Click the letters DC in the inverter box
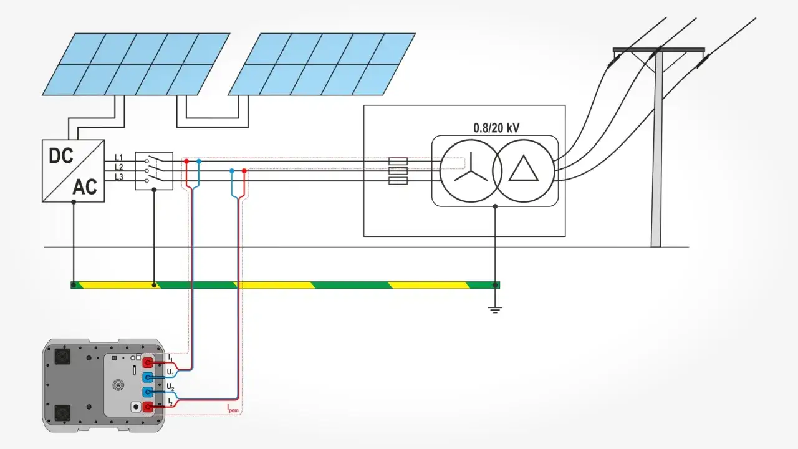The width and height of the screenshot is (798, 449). click(61, 156)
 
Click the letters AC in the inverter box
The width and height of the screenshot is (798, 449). click(85, 186)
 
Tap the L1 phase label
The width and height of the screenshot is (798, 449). click(118, 157)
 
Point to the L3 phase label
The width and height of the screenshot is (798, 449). click(118, 177)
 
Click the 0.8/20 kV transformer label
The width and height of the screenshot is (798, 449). click(496, 128)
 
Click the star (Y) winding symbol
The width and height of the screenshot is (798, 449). click(471, 168)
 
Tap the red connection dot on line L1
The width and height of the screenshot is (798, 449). click(186, 161)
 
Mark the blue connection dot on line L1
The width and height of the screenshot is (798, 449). click(199, 161)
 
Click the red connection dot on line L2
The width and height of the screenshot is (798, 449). click(244, 170)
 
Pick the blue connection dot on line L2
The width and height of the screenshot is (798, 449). click(232, 170)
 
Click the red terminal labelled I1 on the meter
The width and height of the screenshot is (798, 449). click(148, 362)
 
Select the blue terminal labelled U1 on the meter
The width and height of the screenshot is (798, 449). click(148, 377)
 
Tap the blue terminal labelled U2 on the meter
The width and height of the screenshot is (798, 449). click(148, 392)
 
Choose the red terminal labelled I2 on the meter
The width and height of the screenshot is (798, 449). click(148, 407)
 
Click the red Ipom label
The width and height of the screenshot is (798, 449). click(233, 409)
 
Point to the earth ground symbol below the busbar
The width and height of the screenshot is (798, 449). click(495, 309)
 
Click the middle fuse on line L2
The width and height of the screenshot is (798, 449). click(398, 170)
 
